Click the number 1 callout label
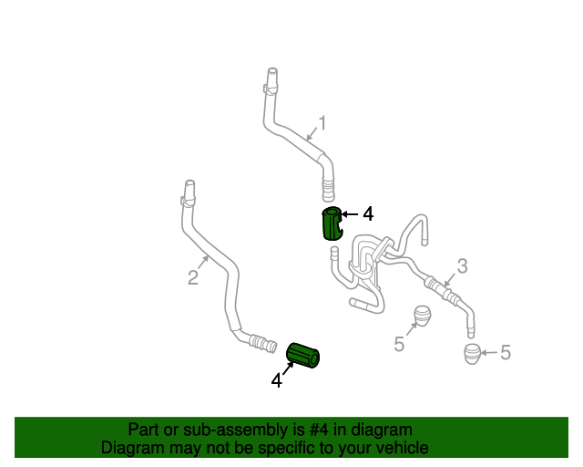[x=321, y=123]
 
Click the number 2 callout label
[x=193, y=277]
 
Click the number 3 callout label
[x=462, y=265]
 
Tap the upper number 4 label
[x=368, y=214]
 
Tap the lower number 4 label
[x=276, y=380]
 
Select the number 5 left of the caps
[x=399, y=344]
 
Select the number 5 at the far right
[x=506, y=353]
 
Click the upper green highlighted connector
[x=332, y=223]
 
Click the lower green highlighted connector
[x=303, y=356]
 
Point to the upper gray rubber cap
[x=422, y=316]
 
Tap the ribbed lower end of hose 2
[x=263, y=344]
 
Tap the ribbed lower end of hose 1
[x=327, y=189]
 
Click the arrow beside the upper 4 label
[x=351, y=214]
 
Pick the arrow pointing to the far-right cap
[x=489, y=353]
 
